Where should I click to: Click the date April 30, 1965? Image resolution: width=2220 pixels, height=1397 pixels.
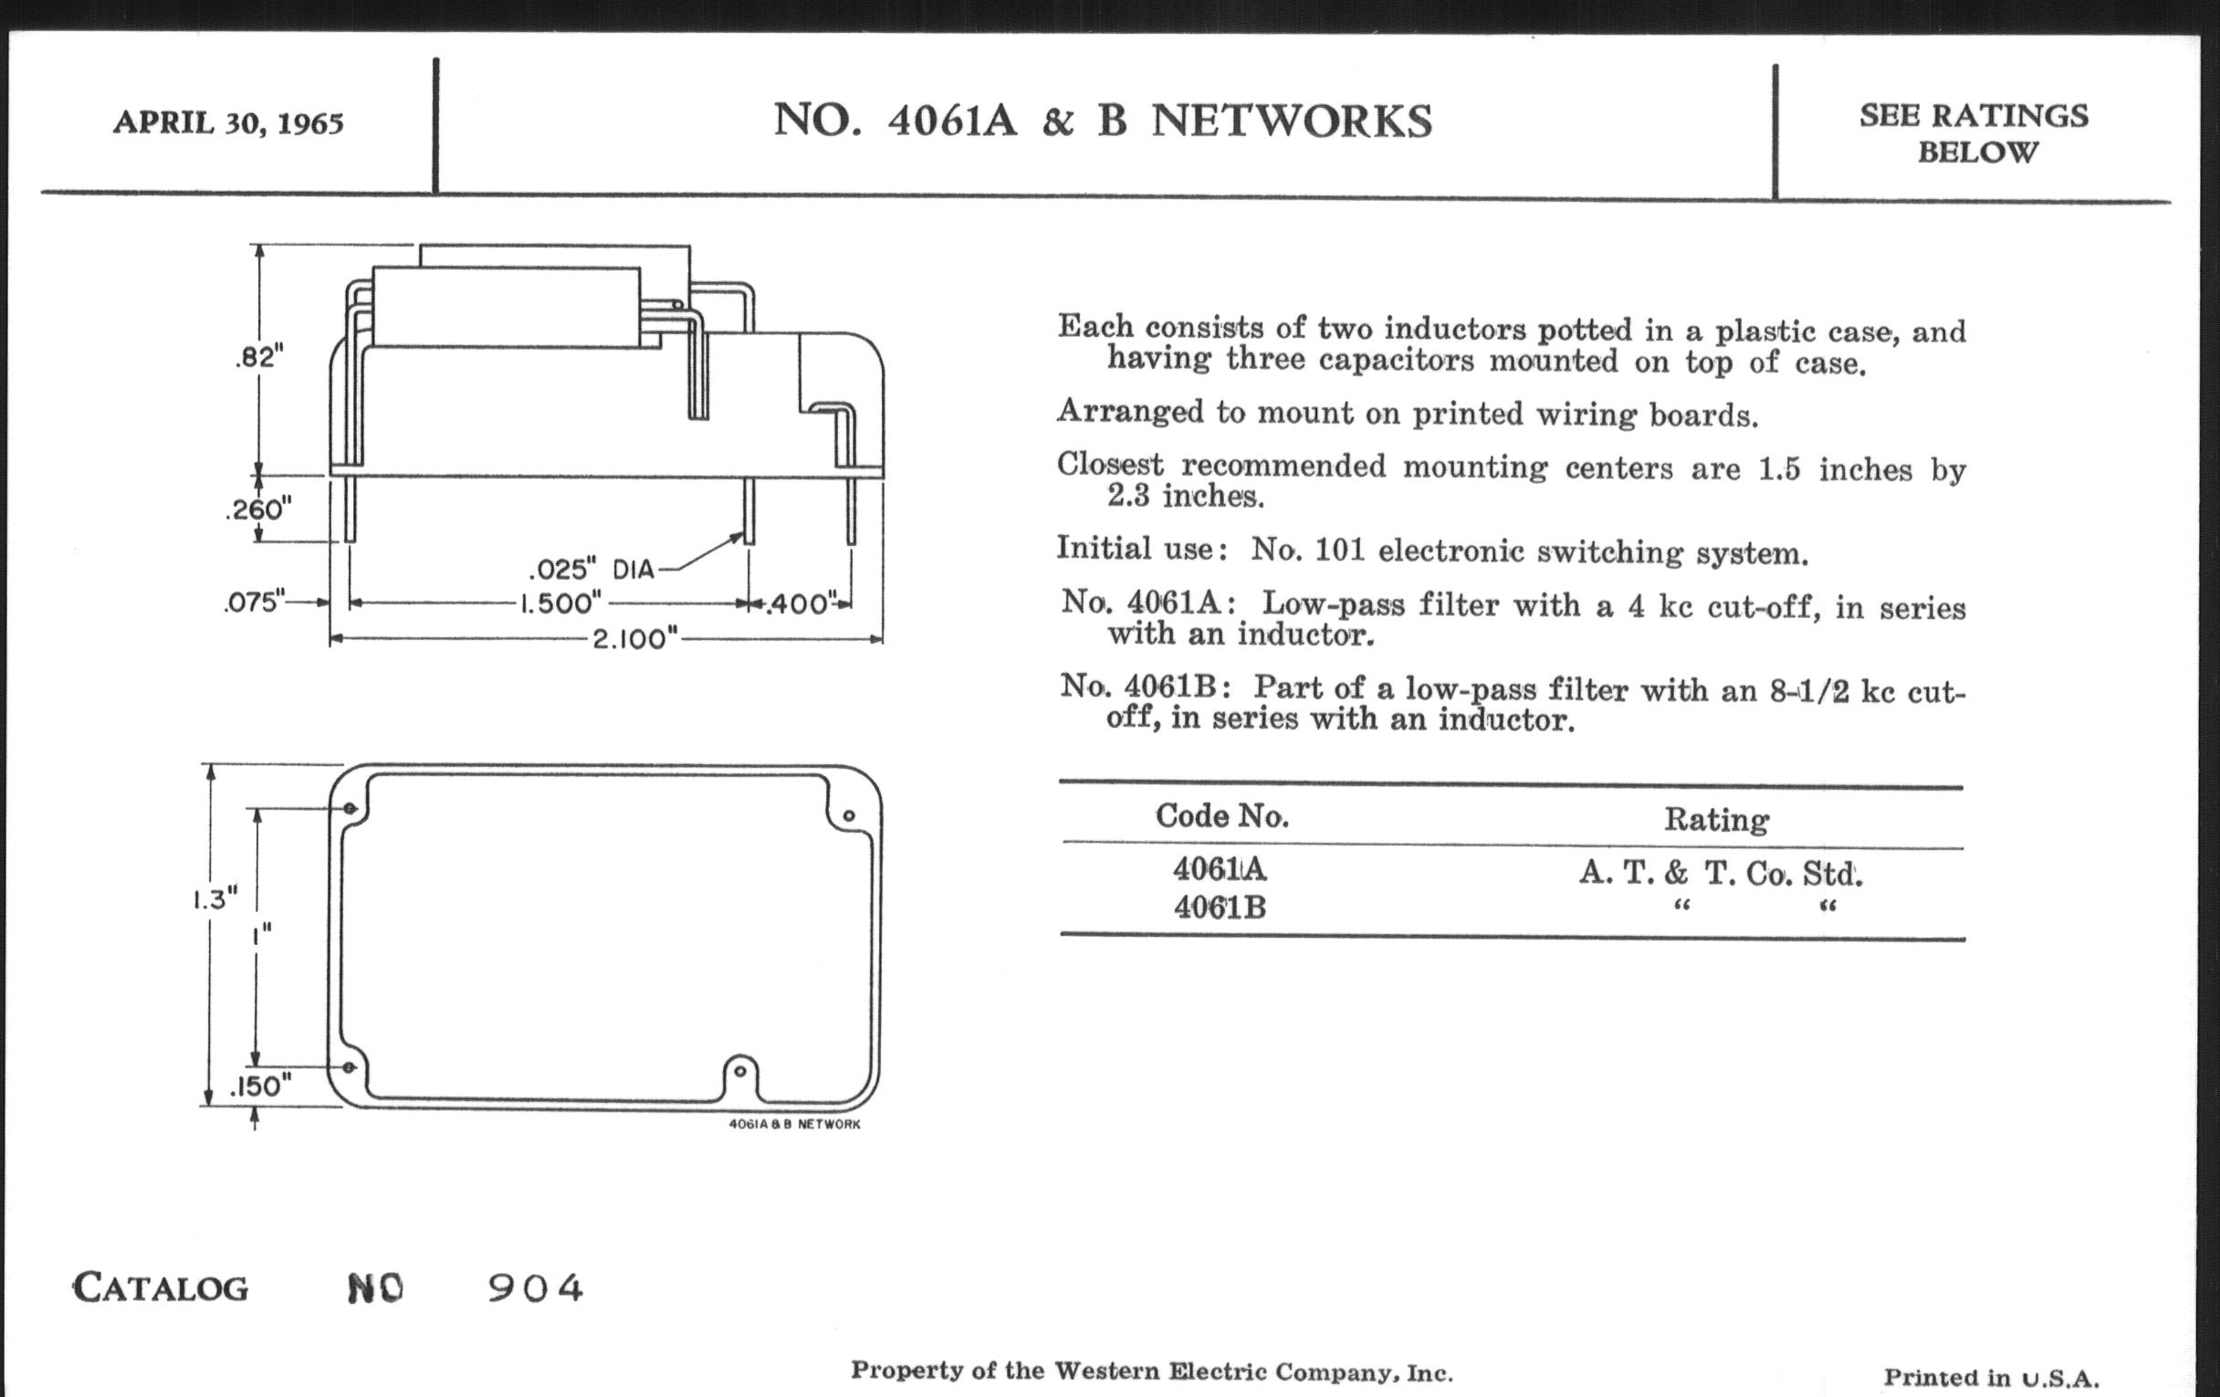227,122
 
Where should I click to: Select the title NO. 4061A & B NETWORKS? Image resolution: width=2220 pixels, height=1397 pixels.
1103,121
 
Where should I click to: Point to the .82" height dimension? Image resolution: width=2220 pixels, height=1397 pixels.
258,356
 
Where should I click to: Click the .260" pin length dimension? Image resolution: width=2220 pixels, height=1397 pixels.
258,508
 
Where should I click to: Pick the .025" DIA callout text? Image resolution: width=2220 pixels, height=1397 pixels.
591,569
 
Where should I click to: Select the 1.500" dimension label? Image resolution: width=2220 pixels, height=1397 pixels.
560,604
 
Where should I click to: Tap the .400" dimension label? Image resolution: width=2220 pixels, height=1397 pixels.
800,604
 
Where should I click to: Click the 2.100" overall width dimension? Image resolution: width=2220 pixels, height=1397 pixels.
634,638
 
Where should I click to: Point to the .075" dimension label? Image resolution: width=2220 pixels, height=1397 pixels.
254,602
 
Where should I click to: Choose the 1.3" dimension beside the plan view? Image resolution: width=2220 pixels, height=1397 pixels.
215,898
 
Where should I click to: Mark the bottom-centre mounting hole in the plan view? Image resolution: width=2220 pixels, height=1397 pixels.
738,1072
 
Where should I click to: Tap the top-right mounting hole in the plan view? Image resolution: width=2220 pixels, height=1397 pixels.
849,815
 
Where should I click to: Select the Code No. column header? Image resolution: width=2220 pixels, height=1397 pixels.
1221,815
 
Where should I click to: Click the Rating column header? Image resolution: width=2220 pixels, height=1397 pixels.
1716,819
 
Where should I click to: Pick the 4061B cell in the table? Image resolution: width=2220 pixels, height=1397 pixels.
1220,909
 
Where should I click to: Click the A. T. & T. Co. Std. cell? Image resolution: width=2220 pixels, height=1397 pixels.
1721,872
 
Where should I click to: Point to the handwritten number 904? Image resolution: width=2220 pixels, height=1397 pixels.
535,1288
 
